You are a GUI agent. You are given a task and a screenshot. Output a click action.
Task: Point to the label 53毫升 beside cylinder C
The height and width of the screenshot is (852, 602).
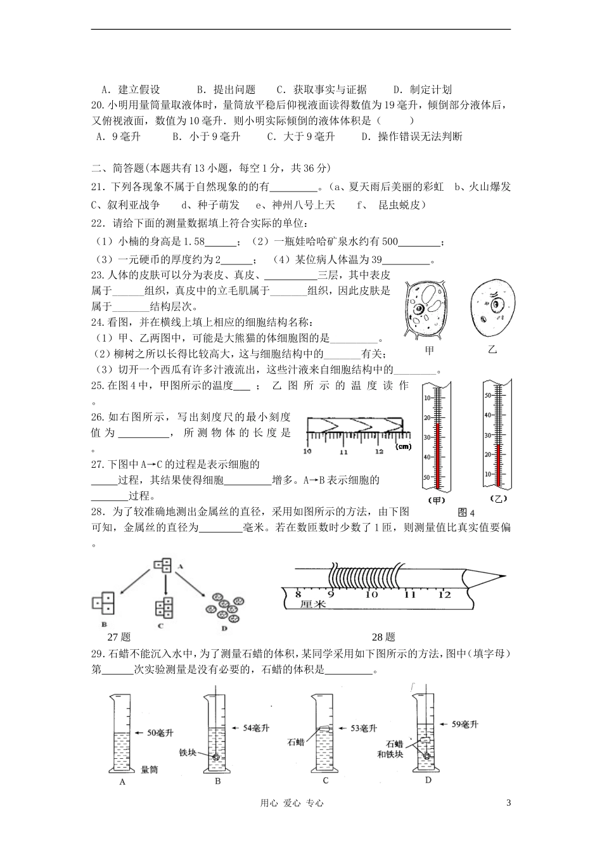click(364, 728)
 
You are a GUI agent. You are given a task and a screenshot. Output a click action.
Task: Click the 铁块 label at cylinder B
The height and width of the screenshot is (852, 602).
click(189, 754)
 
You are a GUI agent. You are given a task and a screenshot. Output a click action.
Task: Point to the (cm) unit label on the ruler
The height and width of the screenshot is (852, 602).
click(402, 447)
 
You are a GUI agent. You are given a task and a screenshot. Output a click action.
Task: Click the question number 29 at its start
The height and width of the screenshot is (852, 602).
click(98, 654)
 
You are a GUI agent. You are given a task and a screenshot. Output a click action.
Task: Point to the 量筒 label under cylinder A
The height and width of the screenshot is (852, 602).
click(150, 769)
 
